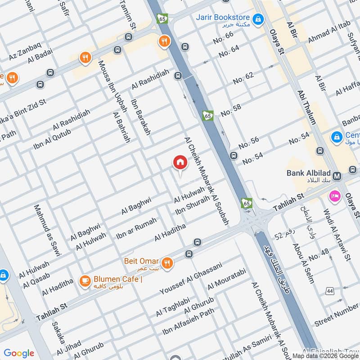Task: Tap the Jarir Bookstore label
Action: pos(220,18)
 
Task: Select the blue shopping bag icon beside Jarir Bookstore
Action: pos(258,19)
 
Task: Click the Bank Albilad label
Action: pos(309,173)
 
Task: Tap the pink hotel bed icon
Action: pos(334,195)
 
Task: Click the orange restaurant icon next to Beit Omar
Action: pos(167,262)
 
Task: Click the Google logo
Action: pos(19,353)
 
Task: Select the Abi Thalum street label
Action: pos(306,107)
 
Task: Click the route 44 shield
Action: pos(330,292)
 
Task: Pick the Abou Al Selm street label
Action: pos(303,263)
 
